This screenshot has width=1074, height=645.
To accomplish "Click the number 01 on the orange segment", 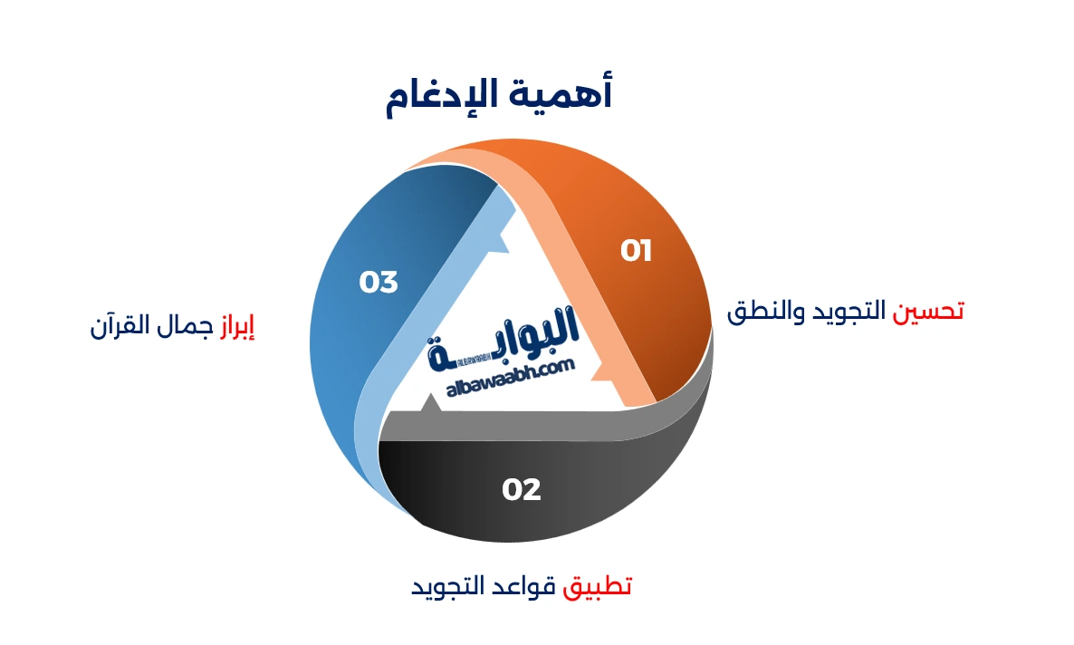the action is [x=636, y=251].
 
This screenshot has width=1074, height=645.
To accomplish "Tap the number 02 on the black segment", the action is [x=522, y=489].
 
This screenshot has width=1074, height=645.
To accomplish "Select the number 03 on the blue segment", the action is [x=379, y=282].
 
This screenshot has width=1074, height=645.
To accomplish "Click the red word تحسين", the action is [x=928, y=312].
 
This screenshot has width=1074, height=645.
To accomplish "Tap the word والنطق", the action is [x=766, y=312].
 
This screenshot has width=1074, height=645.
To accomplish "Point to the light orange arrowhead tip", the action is [x=592, y=373].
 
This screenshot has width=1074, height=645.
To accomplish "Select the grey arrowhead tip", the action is [x=430, y=396].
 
